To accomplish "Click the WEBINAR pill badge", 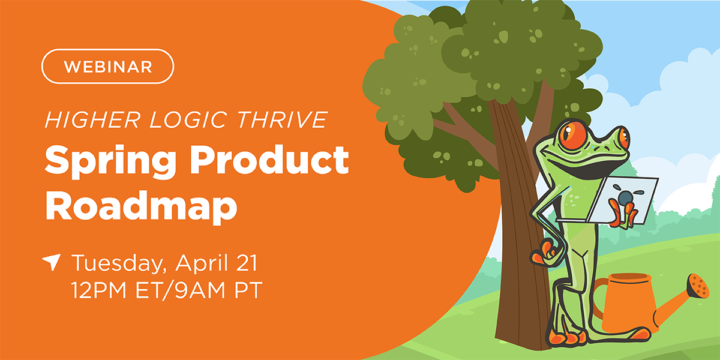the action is (107, 67).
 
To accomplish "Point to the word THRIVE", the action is (282, 119).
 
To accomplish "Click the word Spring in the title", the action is (110, 161).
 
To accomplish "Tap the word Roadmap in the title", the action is (142, 206).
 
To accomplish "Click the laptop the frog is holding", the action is (607, 201).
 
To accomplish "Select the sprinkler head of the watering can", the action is (698, 286).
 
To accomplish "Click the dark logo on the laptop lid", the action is (625, 196).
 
